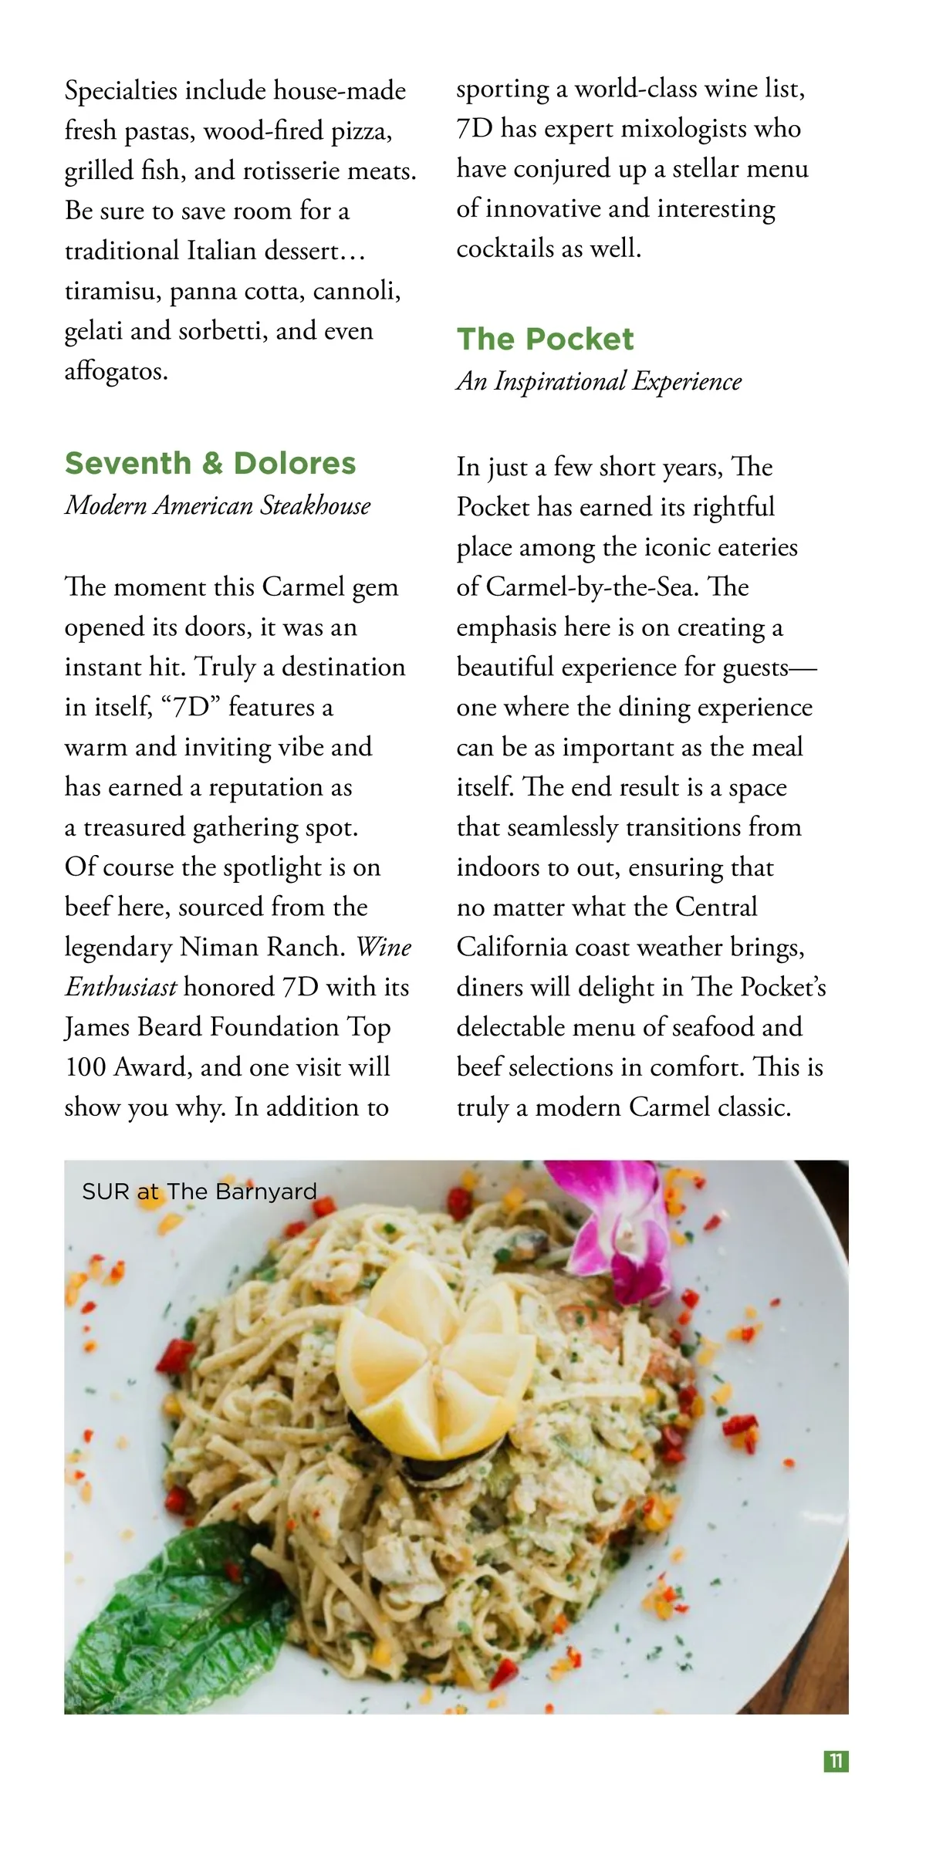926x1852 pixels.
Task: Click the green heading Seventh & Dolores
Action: click(x=210, y=463)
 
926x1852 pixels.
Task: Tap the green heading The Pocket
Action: click(x=545, y=339)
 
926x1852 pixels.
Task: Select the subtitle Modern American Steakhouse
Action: click(x=218, y=505)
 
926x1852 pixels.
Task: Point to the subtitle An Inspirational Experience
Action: click(x=599, y=381)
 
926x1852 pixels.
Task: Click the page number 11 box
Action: click(x=836, y=1761)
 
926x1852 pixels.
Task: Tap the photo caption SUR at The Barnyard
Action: click(x=199, y=1191)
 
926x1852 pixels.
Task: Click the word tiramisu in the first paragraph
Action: click(x=113, y=292)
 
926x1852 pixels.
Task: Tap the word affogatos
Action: click(x=116, y=371)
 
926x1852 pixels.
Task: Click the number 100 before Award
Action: click(x=86, y=1067)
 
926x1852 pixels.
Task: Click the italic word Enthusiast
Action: click(x=121, y=987)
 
